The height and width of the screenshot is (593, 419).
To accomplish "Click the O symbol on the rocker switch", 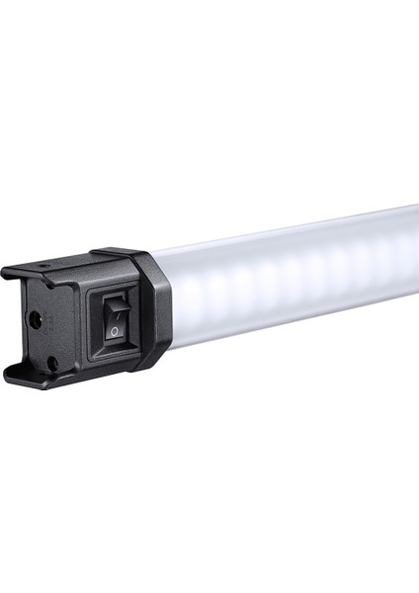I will coord(116,330).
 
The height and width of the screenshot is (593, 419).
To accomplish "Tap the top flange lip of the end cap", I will coord(30,272).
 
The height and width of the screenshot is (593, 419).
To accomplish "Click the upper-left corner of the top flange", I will coord(5,271).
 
